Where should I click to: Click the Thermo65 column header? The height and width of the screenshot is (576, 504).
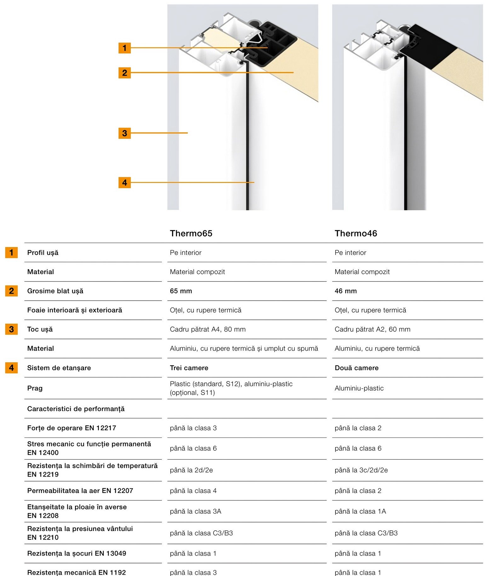[191, 233]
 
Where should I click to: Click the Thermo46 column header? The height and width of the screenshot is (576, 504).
[356, 233]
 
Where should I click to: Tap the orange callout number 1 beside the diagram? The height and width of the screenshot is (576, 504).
[124, 48]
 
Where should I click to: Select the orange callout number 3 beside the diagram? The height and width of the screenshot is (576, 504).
[124, 133]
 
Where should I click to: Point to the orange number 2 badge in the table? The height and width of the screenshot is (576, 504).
[11, 291]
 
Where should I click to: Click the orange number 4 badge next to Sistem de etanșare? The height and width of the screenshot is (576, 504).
[11, 368]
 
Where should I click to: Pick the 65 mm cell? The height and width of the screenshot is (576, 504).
[181, 291]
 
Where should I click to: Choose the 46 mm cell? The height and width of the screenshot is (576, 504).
[346, 291]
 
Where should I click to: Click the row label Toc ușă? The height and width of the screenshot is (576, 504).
[40, 329]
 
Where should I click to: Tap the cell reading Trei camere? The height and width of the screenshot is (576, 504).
[189, 368]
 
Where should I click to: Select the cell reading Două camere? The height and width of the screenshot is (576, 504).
[357, 368]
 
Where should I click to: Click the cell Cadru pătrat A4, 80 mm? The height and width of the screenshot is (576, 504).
[208, 329]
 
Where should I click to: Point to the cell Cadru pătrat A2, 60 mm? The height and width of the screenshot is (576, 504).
[372, 329]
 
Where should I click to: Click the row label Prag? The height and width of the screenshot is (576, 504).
[35, 388]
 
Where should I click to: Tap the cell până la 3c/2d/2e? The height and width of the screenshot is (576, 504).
[361, 470]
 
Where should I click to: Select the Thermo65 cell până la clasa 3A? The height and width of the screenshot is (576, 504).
[195, 511]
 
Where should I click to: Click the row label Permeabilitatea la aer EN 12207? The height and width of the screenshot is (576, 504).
[80, 490]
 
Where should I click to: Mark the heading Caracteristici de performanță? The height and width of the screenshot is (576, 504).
[76, 409]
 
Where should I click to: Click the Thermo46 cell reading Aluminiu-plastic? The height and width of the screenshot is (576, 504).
[359, 388]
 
